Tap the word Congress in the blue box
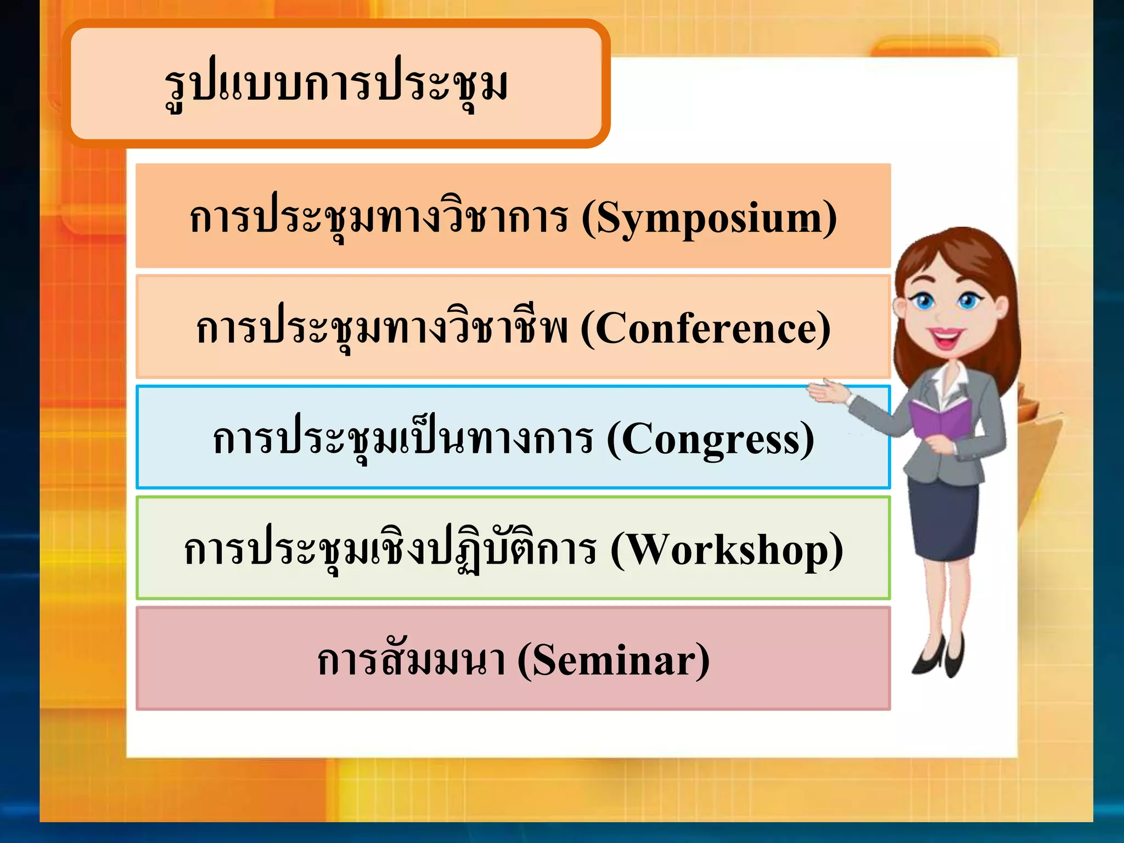coord(711,439)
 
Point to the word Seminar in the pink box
coord(614,660)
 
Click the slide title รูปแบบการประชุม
coord(336,85)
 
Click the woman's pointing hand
coord(826,391)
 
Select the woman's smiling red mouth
coord(946,336)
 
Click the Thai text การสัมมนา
coord(411,660)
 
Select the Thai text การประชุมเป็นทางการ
coord(403,439)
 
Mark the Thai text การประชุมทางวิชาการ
coord(379,218)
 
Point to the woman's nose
coord(945,314)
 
